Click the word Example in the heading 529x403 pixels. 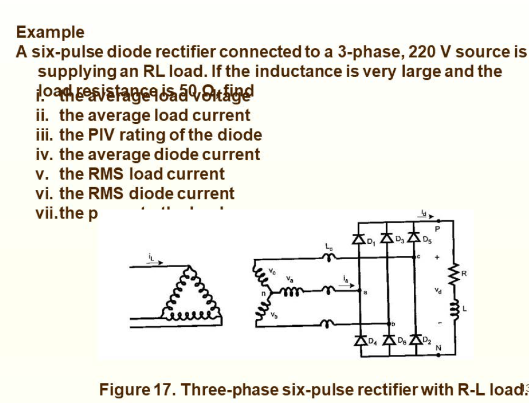50,32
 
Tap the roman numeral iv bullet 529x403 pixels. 42,154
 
